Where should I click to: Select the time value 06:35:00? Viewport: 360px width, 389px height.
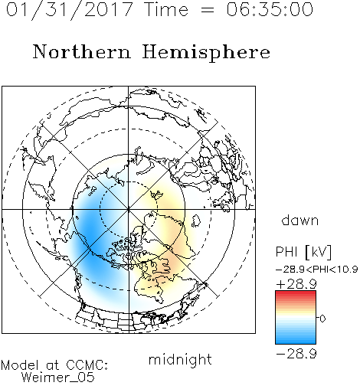[x=270, y=10]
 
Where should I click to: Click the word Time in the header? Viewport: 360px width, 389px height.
[x=166, y=10]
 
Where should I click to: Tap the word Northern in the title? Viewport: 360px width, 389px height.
[x=82, y=51]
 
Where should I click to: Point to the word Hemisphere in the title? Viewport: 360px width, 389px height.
[x=206, y=53]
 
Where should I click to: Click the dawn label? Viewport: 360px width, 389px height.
[x=300, y=221]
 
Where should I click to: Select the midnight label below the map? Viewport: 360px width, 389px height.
[x=180, y=359]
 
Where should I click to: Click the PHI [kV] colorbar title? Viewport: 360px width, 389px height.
[x=303, y=252]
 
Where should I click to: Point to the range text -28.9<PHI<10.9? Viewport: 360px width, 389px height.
[x=316, y=270]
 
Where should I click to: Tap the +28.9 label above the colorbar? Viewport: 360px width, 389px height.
[x=296, y=284]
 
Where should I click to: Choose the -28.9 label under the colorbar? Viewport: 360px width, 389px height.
[x=296, y=354]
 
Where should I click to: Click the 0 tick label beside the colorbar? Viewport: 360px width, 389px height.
[x=322, y=319]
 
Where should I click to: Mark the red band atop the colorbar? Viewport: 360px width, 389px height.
[x=296, y=295]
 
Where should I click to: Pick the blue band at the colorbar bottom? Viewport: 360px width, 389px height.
[x=296, y=338]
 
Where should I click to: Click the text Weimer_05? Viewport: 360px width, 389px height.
[x=58, y=378]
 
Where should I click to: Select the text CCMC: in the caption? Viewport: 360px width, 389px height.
[x=87, y=365]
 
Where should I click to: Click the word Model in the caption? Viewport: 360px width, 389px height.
[x=20, y=365]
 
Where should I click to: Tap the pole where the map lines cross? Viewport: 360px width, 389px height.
[x=129, y=209]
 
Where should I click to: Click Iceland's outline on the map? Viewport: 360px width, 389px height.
[x=196, y=221]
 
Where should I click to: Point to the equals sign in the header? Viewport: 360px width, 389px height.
[x=208, y=10]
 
